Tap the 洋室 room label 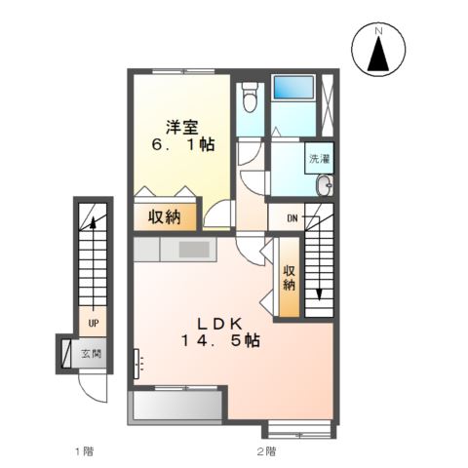181,126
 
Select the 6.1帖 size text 183,145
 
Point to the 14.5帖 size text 218,341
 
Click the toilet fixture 249,98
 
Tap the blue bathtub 291,86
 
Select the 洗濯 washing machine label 319,158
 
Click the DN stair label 292,217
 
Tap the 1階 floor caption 83,450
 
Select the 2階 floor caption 265,450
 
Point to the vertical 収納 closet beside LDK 289,279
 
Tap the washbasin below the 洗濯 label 325,185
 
